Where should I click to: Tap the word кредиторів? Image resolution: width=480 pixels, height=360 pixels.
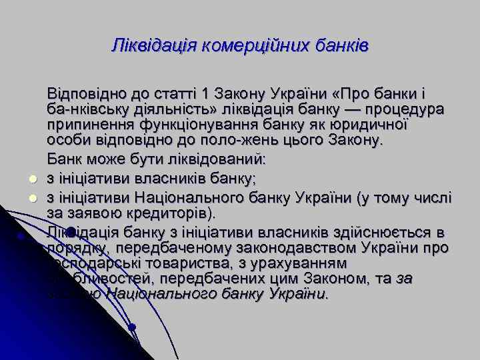pyautogui.click(x=170, y=213)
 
